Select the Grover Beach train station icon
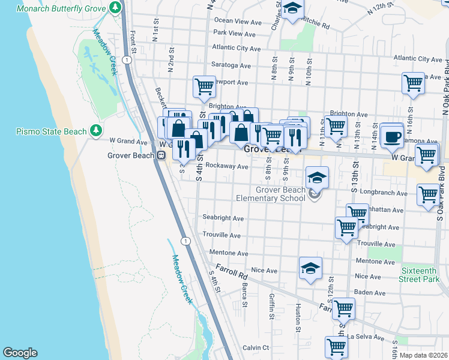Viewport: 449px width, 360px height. [161, 155]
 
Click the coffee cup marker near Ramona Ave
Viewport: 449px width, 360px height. [391, 136]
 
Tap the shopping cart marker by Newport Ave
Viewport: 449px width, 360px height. [204, 86]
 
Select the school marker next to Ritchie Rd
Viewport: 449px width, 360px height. [292, 10]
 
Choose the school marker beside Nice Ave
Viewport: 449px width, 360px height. [310, 269]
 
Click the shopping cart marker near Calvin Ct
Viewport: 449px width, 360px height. [336, 347]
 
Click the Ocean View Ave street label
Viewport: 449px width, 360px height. [238, 20]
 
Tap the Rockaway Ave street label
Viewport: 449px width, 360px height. [226, 166]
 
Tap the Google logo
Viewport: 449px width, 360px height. [20, 353]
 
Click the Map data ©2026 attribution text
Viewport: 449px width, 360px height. [423, 355]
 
